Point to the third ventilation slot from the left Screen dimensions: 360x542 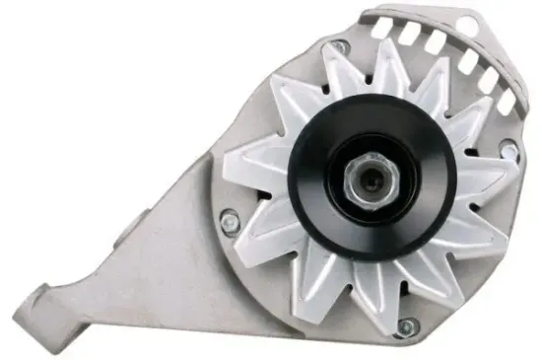[434, 42]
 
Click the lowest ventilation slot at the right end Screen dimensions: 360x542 [507, 99]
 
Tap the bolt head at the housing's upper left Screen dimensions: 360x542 [338, 46]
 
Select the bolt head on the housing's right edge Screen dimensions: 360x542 [508, 150]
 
